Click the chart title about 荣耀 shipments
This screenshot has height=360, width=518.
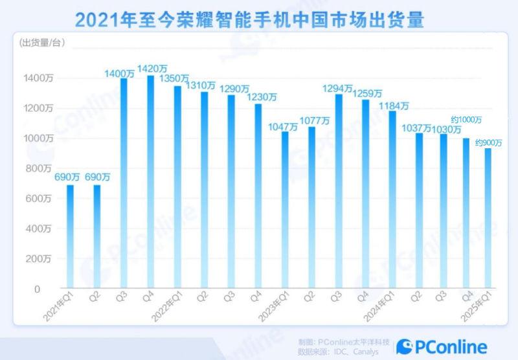[x=249, y=20]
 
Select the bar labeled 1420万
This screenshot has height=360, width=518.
[x=151, y=181]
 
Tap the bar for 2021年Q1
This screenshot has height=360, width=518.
[x=70, y=236]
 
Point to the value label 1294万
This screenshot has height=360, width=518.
[x=339, y=87]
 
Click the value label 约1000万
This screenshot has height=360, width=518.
[x=465, y=120]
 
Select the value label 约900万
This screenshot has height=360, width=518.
[x=489, y=142]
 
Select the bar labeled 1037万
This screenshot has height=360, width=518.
[x=420, y=210]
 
